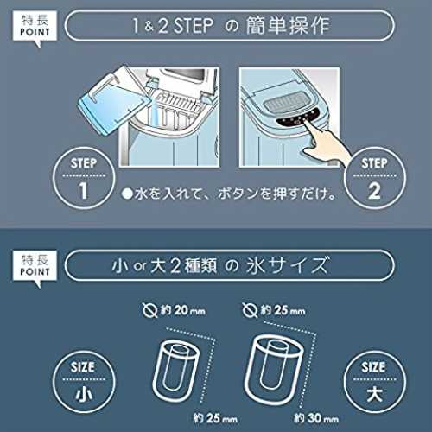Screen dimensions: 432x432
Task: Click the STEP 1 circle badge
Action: click(x=84, y=178)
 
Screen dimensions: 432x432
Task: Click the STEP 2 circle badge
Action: click(x=375, y=178)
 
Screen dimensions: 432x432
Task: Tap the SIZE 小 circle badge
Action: click(x=84, y=382)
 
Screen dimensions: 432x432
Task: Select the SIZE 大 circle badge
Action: click(x=375, y=382)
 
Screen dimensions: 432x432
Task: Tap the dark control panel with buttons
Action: click(x=297, y=118)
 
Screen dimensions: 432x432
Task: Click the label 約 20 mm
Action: click(x=183, y=310)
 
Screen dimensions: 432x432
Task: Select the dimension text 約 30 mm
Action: click(x=316, y=418)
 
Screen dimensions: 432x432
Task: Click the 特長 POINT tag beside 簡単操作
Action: click(x=35, y=28)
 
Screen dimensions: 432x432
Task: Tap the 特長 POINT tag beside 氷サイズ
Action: click(x=35, y=267)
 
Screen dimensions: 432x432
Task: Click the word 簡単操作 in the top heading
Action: click(x=288, y=25)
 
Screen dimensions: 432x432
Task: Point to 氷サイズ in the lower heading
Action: click(x=287, y=265)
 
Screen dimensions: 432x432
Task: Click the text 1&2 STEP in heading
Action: click(x=173, y=25)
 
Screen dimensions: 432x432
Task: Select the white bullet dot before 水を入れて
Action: click(x=127, y=194)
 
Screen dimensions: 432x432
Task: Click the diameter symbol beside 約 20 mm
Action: click(x=149, y=310)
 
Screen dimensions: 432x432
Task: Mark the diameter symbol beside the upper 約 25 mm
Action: click(x=250, y=310)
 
